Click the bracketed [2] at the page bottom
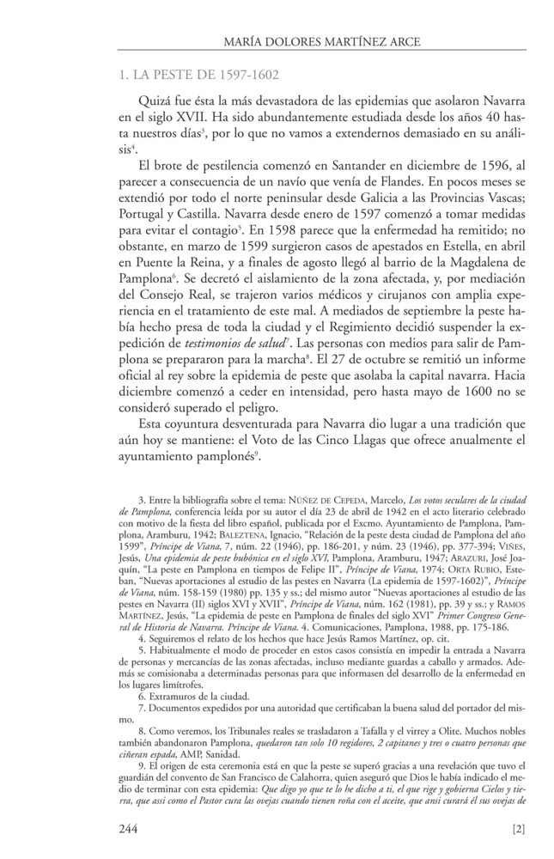[517, 829]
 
